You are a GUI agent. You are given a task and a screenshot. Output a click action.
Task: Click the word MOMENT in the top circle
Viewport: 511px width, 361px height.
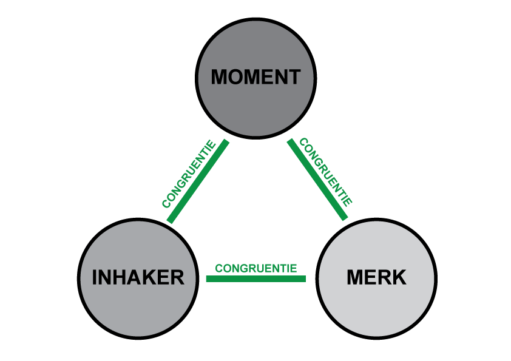coord(255,78)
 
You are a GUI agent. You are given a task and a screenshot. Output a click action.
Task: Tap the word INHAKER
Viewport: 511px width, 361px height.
coord(138,278)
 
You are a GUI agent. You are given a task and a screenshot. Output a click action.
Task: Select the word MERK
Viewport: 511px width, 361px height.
coord(376,278)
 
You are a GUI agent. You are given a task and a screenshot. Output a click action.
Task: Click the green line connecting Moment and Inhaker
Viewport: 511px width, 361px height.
coord(198,181)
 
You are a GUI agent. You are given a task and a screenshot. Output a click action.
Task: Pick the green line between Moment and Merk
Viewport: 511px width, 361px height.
coord(317,180)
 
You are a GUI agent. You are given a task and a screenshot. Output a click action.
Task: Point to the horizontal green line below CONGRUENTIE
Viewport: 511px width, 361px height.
coord(255,279)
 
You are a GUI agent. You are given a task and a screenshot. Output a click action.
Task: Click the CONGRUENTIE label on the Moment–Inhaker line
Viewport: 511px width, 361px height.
coord(188,175)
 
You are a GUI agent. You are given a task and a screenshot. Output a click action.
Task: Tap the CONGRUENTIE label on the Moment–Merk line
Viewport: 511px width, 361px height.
coord(326,172)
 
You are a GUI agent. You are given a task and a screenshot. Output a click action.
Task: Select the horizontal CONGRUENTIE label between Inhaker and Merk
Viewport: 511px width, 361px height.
coord(255,268)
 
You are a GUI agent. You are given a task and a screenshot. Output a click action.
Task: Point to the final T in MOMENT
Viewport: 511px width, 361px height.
coord(294,78)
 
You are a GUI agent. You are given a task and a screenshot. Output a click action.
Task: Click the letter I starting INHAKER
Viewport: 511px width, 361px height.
coord(95,278)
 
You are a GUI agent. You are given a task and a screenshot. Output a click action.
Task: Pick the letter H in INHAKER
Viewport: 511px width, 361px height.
coord(118,278)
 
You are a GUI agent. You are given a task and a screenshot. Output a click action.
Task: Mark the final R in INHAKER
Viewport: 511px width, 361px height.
coord(177,278)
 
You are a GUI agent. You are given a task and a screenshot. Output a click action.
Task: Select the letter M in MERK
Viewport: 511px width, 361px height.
coord(355,278)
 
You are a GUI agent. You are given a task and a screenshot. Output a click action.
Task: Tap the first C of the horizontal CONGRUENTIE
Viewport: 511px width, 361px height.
coord(218,268)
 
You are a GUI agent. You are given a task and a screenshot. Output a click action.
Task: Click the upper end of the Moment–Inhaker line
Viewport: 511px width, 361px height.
coord(226,143)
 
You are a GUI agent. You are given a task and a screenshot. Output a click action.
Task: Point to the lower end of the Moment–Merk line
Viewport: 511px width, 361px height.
coord(345,217)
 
